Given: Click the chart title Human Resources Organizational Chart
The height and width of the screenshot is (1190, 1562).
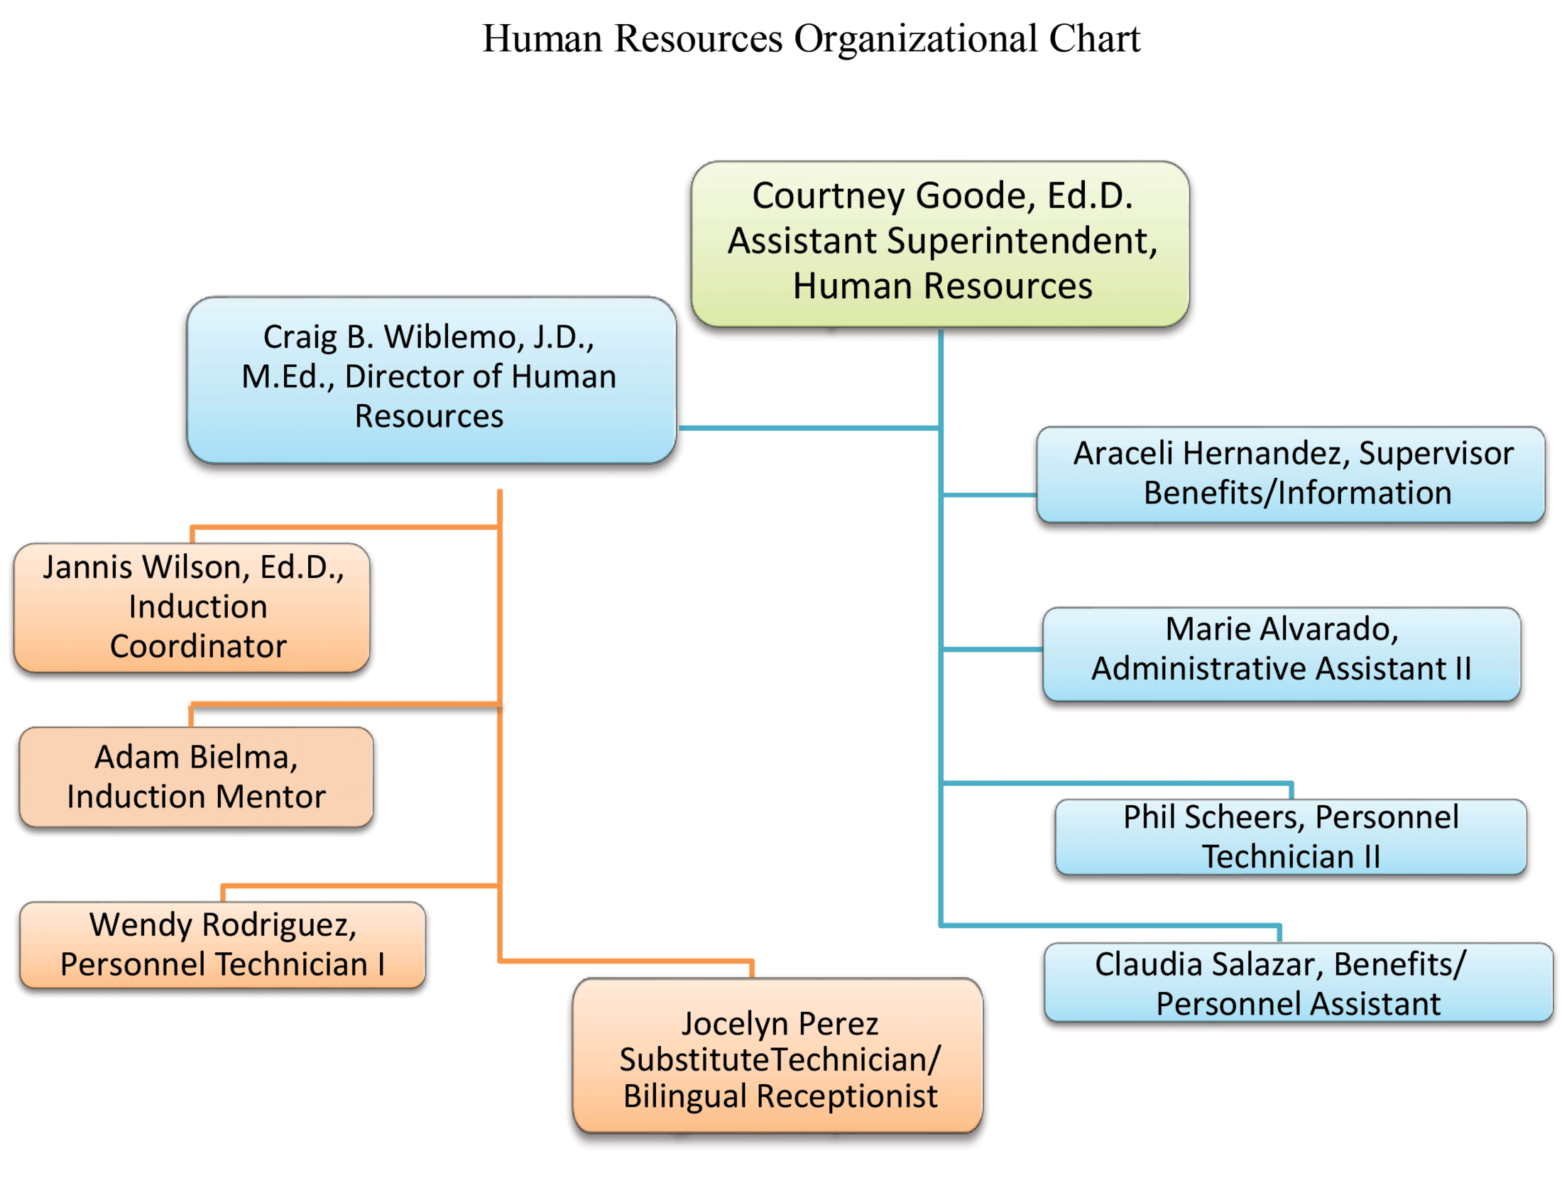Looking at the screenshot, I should [x=809, y=39].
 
